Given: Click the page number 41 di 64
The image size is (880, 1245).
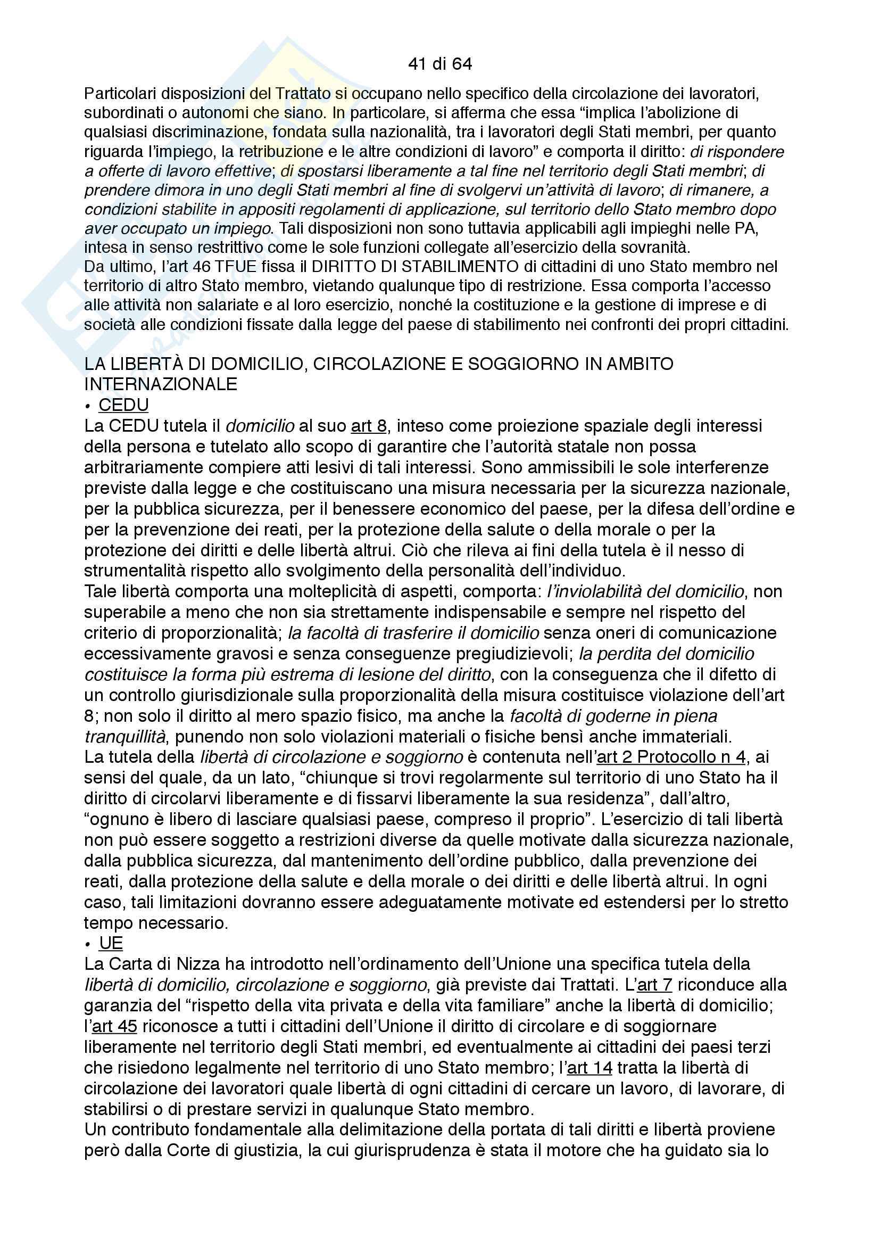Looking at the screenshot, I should (x=439, y=64).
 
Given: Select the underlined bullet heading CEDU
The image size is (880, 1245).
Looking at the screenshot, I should (x=123, y=405).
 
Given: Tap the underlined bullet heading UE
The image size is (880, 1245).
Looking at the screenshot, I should (x=111, y=944).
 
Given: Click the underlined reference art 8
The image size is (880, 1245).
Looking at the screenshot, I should (x=369, y=426).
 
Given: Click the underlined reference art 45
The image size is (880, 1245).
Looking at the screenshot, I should (x=114, y=1026).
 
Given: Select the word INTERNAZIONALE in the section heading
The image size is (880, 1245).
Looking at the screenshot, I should (x=161, y=384).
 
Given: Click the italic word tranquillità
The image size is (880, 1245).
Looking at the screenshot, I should (x=125, y=736).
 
